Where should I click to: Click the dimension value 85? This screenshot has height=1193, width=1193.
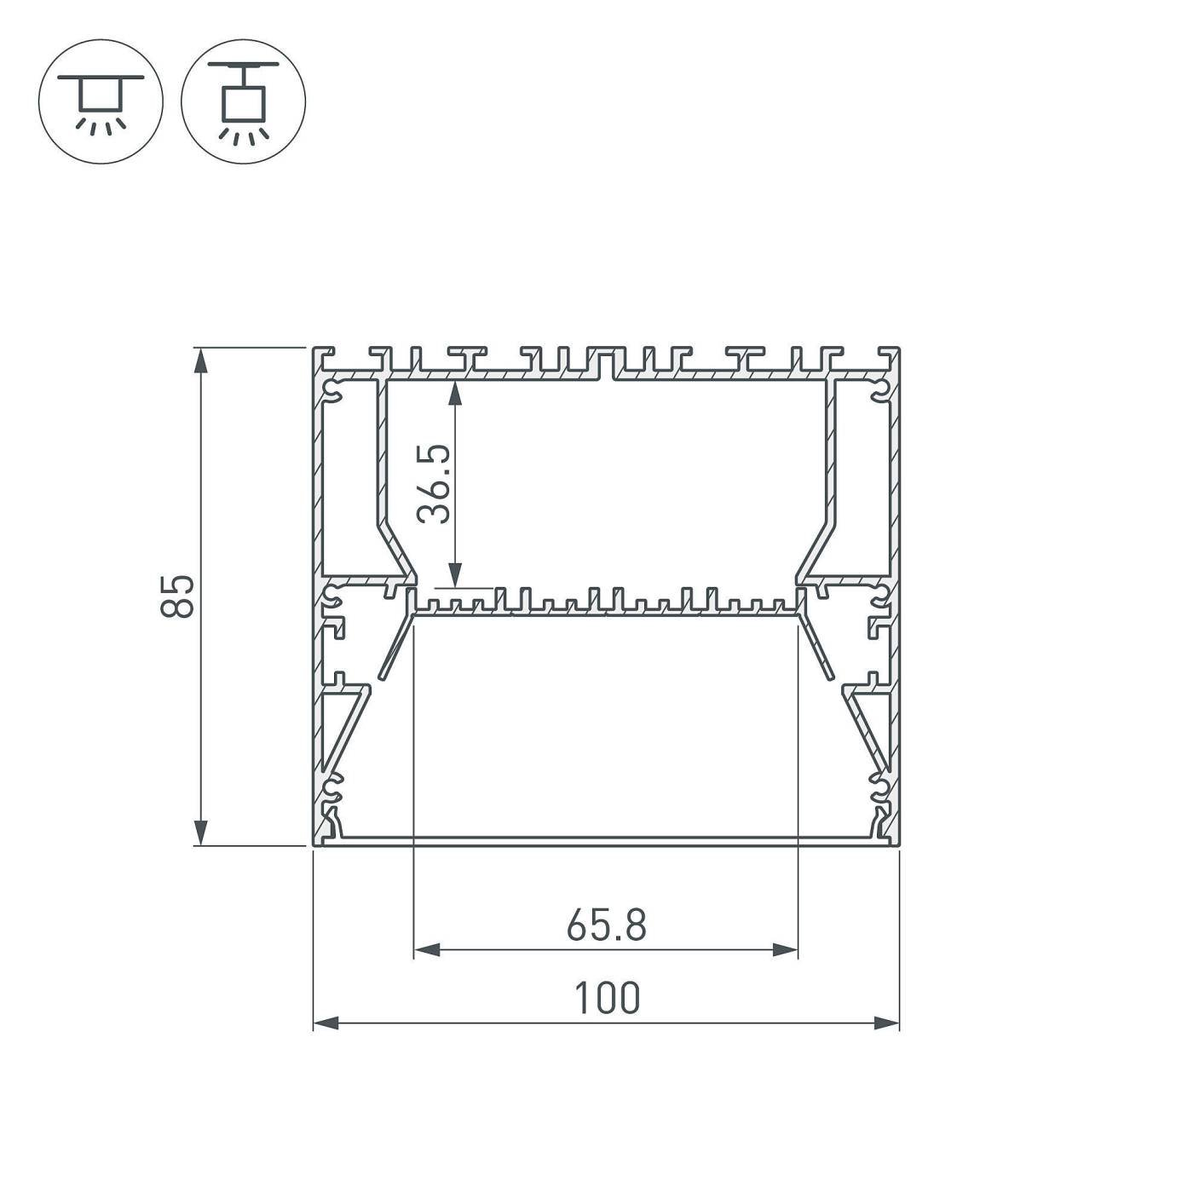(x=177, y=596)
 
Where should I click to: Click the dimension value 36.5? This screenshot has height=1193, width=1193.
(x=434, y=484)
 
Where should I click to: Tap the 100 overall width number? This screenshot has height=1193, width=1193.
(x=607, y=998)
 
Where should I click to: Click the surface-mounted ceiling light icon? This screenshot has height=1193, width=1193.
(x=101, y=101)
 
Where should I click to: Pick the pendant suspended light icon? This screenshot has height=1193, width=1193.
(x=244, y=101)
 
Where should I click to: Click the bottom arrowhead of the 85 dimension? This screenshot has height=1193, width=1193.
(x=200, y=833)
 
